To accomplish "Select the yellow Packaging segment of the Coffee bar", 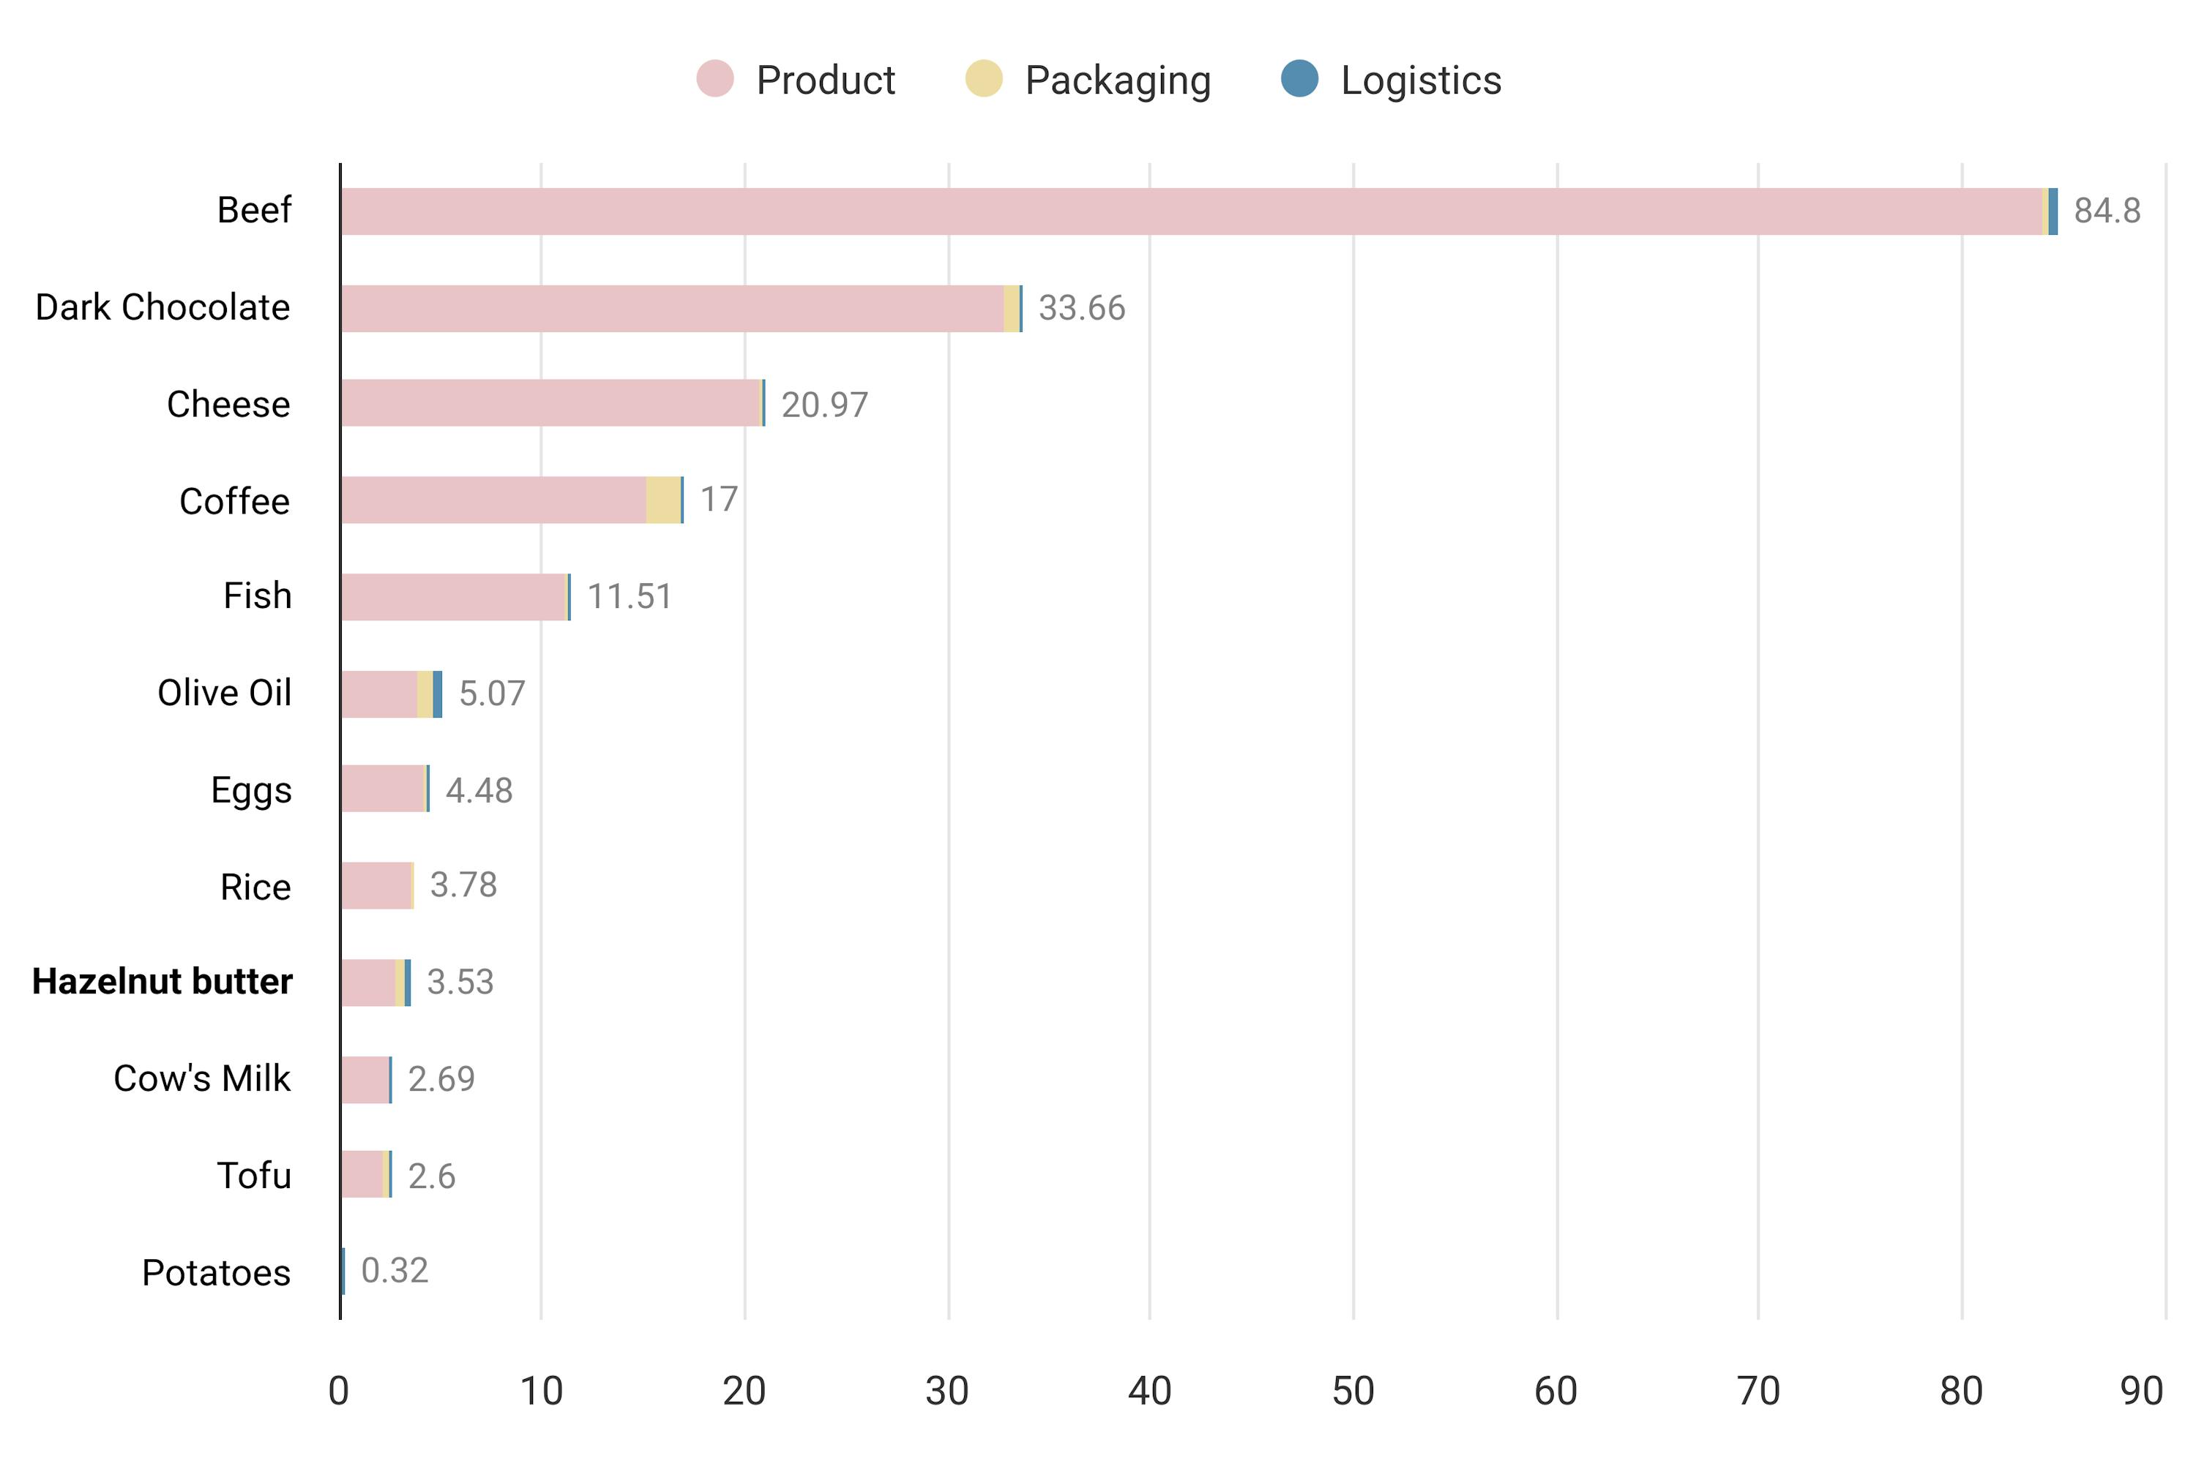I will [662, 500].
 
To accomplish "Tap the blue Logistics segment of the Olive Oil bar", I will [437, 694].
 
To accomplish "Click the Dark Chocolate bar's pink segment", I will [671, 309].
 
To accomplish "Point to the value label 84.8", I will [2107, 211].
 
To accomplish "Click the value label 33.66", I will [1081, 309].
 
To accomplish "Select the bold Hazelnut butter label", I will [163, 982].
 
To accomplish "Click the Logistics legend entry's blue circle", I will [1299, 78].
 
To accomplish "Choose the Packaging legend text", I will [1118, 80].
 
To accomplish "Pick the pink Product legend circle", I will [715, 78].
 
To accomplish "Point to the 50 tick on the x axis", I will [1353, 1391].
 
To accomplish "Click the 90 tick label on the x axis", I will [2141, 1391].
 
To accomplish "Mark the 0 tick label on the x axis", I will [338, 1391].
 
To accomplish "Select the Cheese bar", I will [550, 403].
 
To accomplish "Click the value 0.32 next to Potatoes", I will [395, 1271].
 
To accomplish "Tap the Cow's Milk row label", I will [201, 1079].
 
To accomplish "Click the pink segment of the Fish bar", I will [454, 597].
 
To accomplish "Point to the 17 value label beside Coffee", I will [719, 500].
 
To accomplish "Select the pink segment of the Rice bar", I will [376, 886].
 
